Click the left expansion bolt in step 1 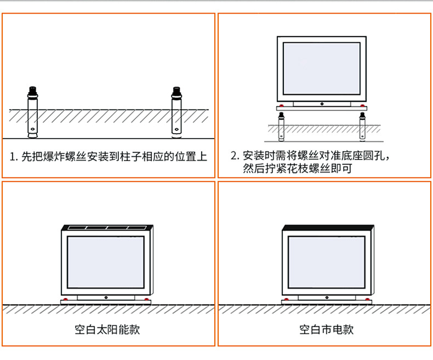pos(33,112)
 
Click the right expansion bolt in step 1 pos(176,112)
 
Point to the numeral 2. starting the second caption pos(235,156)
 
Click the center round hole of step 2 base pos(321,104)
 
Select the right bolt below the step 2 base pos(361,125)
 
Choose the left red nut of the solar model pos(66,299)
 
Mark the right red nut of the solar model pos(145,299)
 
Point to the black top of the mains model pos(328,227)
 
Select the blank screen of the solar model pos(105,263)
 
